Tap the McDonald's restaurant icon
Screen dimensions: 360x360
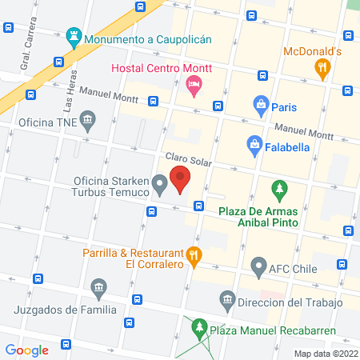click(x=323, y=69)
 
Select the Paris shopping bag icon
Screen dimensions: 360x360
click(x=261, y=104)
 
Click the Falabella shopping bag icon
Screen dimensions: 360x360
click(x=254, y=144)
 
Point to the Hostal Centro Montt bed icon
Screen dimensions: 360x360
click(x=193, y=83)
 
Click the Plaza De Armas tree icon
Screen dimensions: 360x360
click(x=279, y=190)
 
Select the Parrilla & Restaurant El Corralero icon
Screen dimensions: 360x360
click(x=194, y=257)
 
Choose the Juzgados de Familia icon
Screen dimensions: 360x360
click(x=99, y=287)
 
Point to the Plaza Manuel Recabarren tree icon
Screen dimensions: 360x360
click(x=198, y=327)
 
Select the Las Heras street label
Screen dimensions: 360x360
click(x=69, y=96)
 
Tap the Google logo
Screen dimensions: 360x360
click(x=26, y=349)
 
